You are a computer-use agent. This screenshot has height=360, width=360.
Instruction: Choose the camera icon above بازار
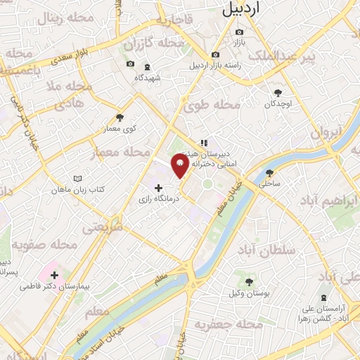coord(240,32)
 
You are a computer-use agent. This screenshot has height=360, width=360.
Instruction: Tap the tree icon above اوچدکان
coord(278,91)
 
